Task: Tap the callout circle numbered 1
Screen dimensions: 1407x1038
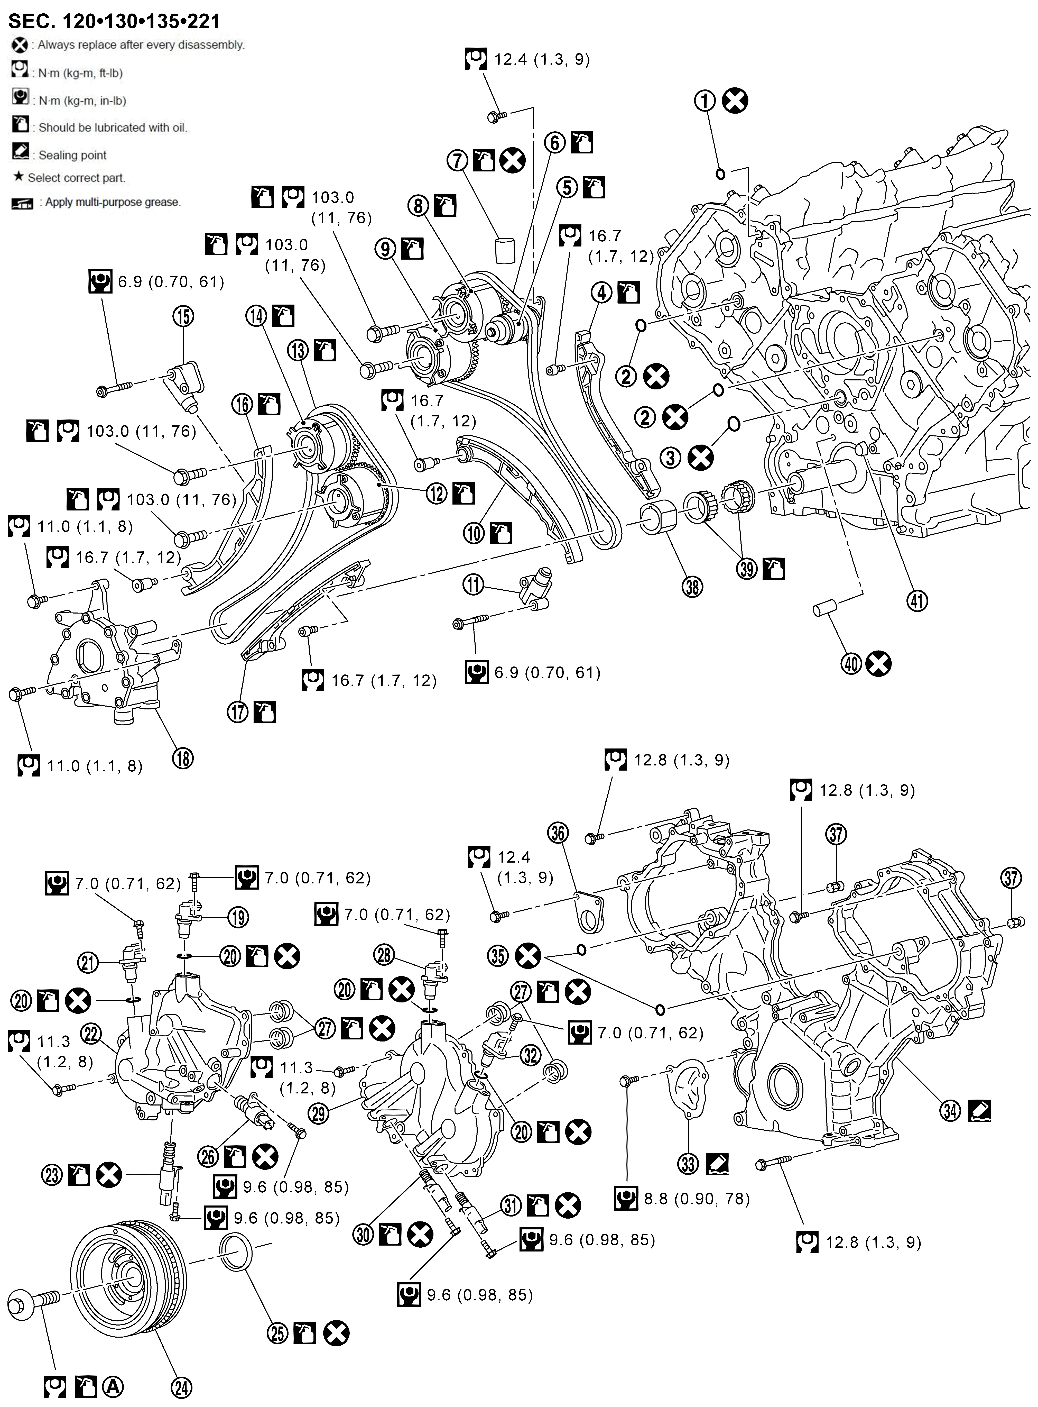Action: click(x=705, y=100)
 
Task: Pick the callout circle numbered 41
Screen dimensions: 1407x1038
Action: click(x=917, y=601)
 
